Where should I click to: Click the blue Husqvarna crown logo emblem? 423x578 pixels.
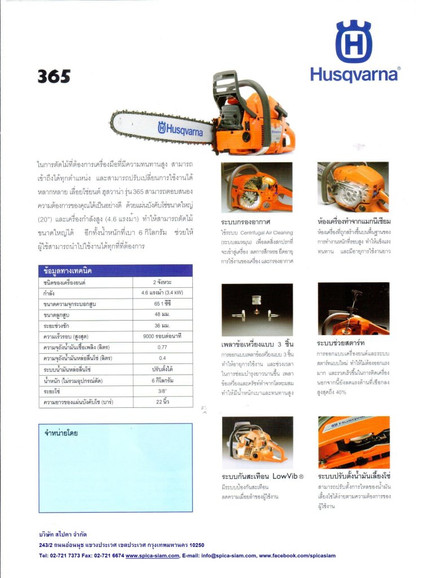354,42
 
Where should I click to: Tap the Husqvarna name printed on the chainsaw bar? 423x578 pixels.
180,129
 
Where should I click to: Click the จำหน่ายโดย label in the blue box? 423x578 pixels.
61,433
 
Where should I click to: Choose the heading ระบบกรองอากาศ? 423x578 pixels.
244,221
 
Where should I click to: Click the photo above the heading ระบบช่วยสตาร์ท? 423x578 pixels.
353,309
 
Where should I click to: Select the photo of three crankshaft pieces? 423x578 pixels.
257,309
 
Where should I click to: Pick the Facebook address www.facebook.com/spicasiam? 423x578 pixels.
297,555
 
